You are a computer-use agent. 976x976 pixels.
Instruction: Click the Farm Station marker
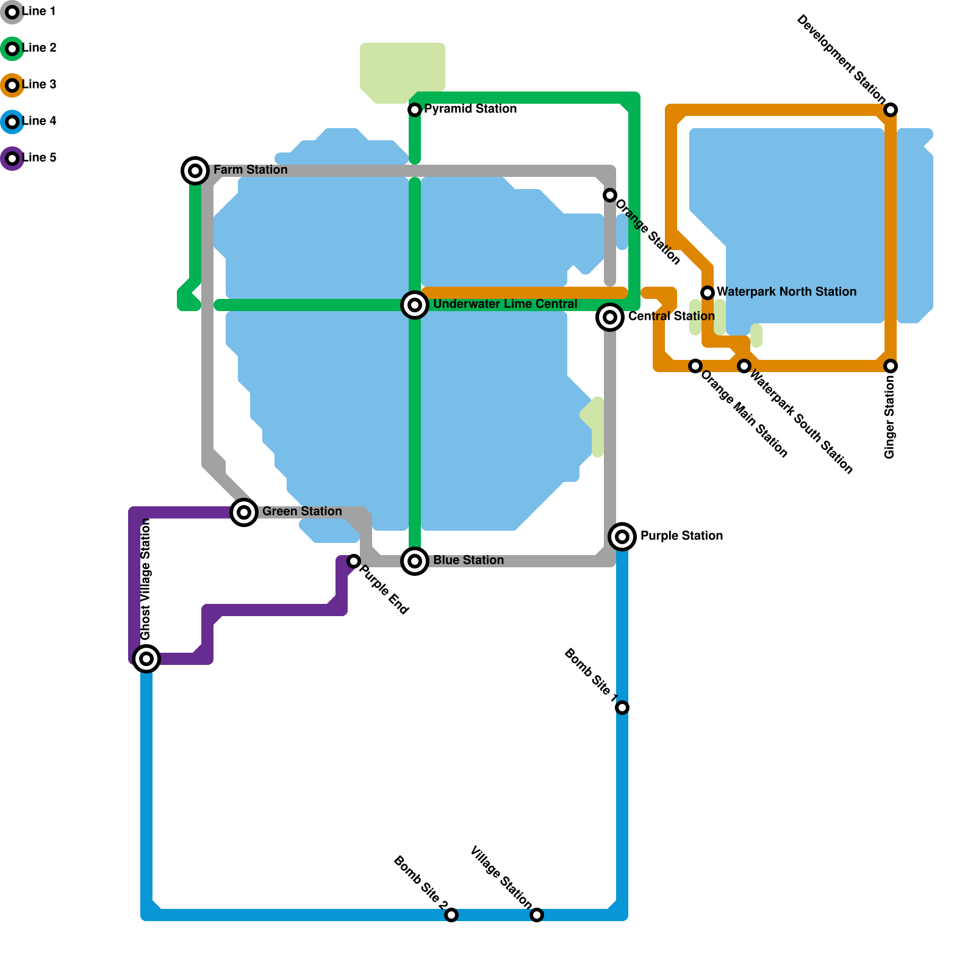point(195,171)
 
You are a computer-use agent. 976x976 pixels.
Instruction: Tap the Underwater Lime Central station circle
point(415,305)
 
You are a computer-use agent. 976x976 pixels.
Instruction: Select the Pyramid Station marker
point(415,110)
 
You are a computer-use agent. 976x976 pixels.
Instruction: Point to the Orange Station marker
point(610,195)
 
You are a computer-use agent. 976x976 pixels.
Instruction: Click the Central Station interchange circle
point(610,317)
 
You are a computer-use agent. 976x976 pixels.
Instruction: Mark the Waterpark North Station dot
point(708,293)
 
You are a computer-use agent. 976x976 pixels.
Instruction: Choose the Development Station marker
point(891,110)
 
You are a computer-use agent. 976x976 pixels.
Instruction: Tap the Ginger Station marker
point(891,366)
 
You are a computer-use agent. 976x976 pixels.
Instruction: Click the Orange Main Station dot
point(695,366)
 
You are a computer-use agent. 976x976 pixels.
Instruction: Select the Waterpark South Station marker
point(744,366)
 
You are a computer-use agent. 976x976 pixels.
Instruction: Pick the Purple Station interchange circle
point(622,537)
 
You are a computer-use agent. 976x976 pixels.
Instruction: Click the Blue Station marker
point(415,561)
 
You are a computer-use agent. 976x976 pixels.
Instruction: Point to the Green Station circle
point(244,512)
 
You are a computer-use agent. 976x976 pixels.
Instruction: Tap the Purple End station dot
point(354,561)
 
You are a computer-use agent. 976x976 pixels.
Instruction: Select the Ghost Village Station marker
point(146,659)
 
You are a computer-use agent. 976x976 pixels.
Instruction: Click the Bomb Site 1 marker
point(622,708)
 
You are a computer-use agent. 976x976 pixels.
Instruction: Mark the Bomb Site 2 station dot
point(451,915)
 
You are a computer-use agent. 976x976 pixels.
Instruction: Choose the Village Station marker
point(537,915)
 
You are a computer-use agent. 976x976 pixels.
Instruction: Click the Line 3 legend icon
point(12,85)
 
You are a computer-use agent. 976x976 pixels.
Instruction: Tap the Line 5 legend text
point(39,158)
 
